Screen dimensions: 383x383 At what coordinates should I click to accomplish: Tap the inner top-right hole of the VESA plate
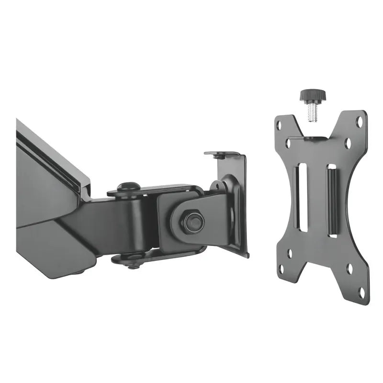349,143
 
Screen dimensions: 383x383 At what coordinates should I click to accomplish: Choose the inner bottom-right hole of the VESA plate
349,269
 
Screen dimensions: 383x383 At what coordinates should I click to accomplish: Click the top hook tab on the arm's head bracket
221,155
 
